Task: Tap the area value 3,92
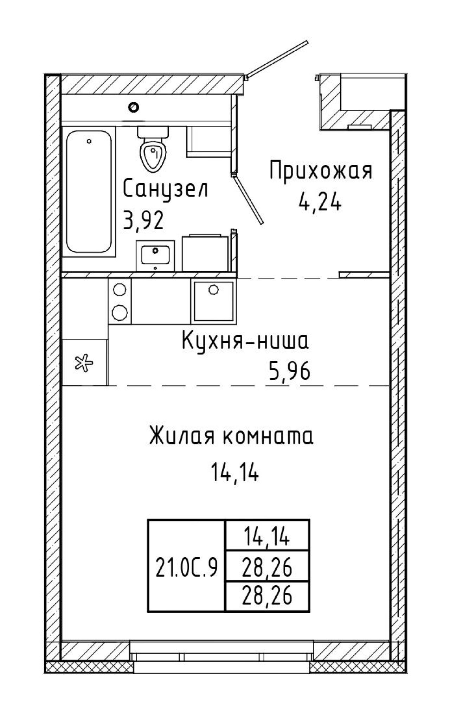(x=144, y=221)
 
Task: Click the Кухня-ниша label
(x=246, y=341)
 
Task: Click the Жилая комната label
(x=231, y=436)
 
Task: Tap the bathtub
(x=89, y=192)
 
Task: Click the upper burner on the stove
(x=120, y=290)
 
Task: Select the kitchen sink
(x=213, y=301)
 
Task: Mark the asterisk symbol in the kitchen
(x=84, y=363)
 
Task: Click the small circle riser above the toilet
(x=134, y=106)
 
